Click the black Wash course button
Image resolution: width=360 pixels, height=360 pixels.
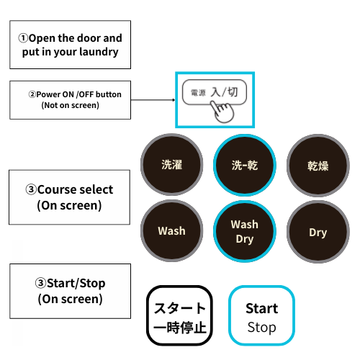click(x=171, y=231)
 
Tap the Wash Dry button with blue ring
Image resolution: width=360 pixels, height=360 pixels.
click(x=245, y=231)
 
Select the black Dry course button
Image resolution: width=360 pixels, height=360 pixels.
click(x=318, y=232)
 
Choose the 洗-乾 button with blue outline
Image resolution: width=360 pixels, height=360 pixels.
click(x=245, y=165)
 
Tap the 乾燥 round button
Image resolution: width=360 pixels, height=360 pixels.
click(x=318, y=166)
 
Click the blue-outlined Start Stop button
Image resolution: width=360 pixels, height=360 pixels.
click(x=261, y=315)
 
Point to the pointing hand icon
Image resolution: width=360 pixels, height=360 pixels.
click(x=222, y=112)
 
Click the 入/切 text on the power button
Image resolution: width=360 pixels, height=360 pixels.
click(x=224, y=92)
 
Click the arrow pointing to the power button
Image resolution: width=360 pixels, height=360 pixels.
click(x=153, y=100)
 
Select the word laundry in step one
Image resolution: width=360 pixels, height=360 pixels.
click(x=99, y=53)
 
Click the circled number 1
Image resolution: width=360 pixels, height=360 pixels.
click(x=23, y=38)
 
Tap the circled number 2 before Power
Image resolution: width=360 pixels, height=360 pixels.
click(x=32, y=94)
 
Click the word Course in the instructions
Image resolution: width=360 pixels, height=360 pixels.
click(x=56, y=189)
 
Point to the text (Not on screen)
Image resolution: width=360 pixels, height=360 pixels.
click(x=70, y=105)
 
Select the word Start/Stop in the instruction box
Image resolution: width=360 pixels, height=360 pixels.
click(x=76, y=283)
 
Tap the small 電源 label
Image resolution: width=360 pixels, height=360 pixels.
click(x=198, y=93)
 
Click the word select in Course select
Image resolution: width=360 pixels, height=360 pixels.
click(x=96, y=189)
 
